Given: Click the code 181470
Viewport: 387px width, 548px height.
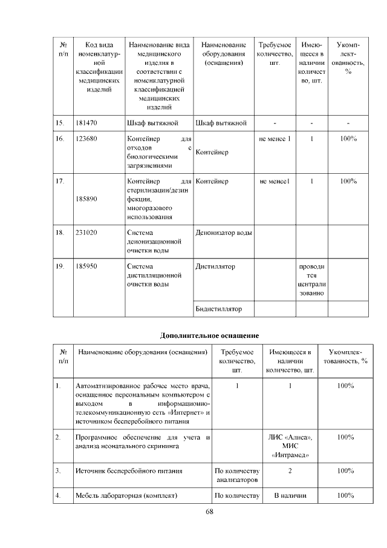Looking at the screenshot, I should [x=87, y=124].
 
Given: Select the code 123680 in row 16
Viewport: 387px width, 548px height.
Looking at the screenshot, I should [x=87, y=139].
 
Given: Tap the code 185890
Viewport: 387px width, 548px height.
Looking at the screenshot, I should [x=87, y=198].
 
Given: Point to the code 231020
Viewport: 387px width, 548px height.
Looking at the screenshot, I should [x=87, y=233].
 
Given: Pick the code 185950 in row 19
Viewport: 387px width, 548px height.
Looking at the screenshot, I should [x=87, y=266].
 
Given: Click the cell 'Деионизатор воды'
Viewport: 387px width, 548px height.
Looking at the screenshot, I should [x=223, y=233].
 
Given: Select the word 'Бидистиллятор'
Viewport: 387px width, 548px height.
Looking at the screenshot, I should [x=219, y=309].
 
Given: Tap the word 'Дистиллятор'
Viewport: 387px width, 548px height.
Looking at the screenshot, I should [x=215, y=266].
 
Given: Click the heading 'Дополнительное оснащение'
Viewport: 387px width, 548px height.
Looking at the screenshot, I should [x=209, y=335].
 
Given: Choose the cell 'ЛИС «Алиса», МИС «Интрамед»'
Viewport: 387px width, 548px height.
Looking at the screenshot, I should [x=290, y=445].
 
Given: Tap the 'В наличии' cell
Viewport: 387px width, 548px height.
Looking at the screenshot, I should [x=290, y=497].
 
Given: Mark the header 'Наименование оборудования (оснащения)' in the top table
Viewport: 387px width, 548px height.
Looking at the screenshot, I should [x=223, y=54].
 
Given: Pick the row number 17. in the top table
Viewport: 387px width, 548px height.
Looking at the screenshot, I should [x=60, y=181].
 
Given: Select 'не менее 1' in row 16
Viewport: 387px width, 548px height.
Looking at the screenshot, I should [x=275, y=139].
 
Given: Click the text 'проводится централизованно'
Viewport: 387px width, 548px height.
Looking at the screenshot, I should [x=311, y=280].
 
